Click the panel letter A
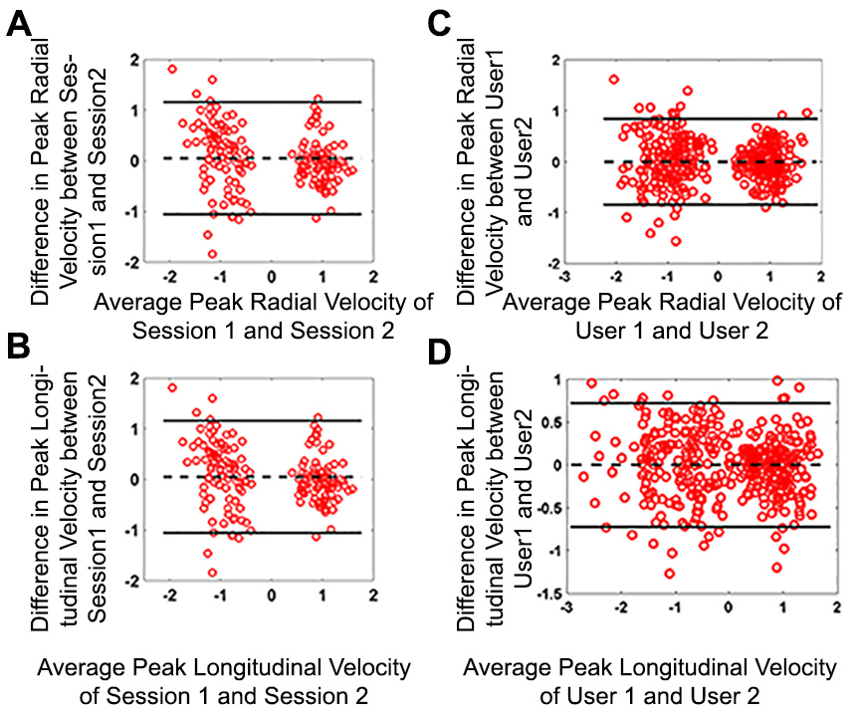pyautogui.click(x=19, y=24)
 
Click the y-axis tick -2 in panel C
pyautogui.click(x=546, y=264)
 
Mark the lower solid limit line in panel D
pyautogui.click(x=697, y=526)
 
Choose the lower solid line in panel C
pyautogui.click(x=697, y=204)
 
